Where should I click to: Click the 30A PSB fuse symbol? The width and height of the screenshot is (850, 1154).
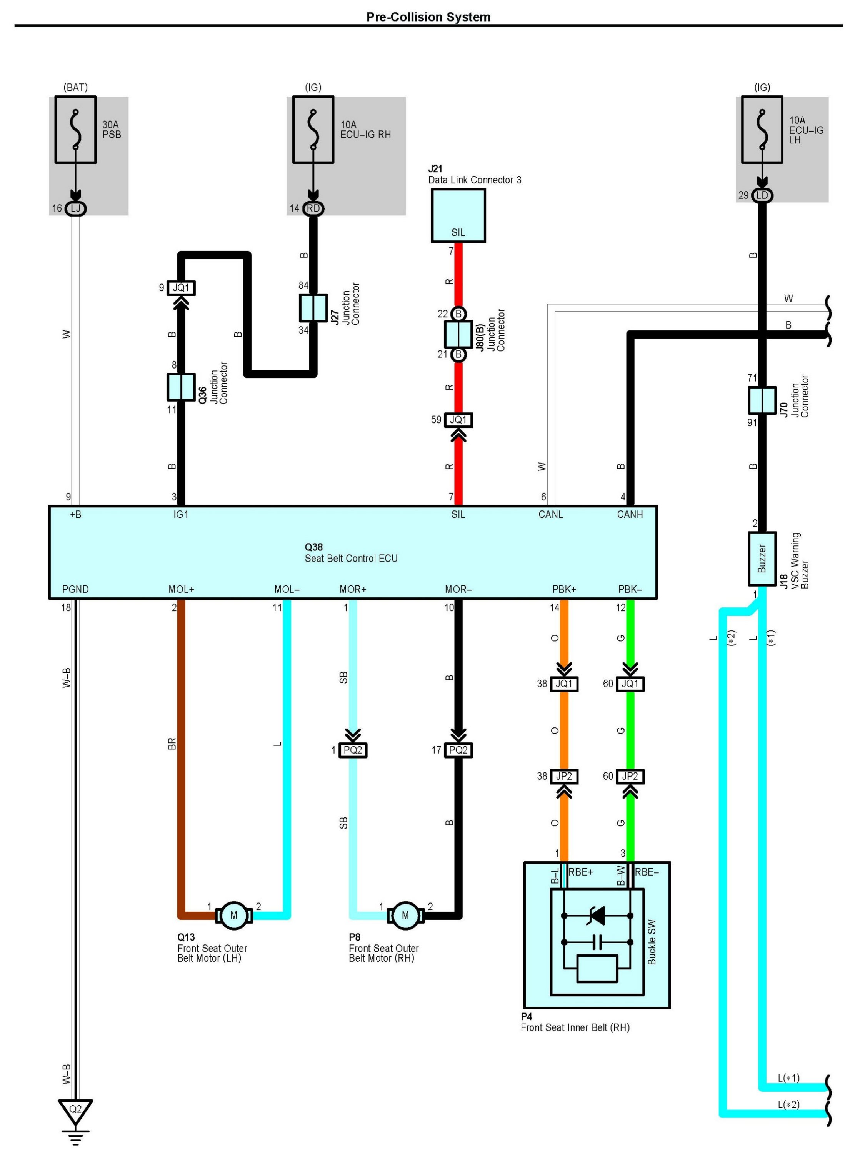pyautogui.click(x=76, y=130)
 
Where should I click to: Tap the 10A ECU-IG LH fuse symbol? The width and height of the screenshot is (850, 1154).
pyautogui.click(x=762, y=130)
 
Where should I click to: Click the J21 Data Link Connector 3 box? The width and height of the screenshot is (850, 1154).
pyautogui.click(x=458, y=215)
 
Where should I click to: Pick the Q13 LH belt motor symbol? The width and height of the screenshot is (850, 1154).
pyautogui.click(x=234, y=915)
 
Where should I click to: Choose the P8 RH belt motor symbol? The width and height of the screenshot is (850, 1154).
pyautogui.click(x=405, y=915)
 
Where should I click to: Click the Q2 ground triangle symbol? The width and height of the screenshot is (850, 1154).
pyautogui.click(x=76, y=1110)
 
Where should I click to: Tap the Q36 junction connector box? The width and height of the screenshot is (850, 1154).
pyautogui.click(x=181, y=387)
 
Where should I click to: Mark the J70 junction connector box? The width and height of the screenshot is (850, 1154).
pyautogui.click(x=762, y=400)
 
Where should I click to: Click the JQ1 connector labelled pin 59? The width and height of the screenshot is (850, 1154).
pyautogui.click(x=458, y=420)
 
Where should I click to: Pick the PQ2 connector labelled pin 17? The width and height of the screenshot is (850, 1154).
pyautogui.click(x=458, y=750)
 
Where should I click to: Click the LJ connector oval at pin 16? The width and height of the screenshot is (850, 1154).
pyautogui.click(x=76, y=208)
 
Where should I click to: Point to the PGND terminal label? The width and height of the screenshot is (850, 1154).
pyautogui.click(x=76, y=589)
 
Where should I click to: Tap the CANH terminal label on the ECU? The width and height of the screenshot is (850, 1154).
pyautogui.click(x=630, y=514)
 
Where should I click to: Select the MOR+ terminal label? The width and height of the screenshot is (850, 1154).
pyautogui.click(x=353, y=589)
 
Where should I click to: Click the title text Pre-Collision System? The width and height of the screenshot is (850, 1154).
pyautogui.click(x=428, y=17)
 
